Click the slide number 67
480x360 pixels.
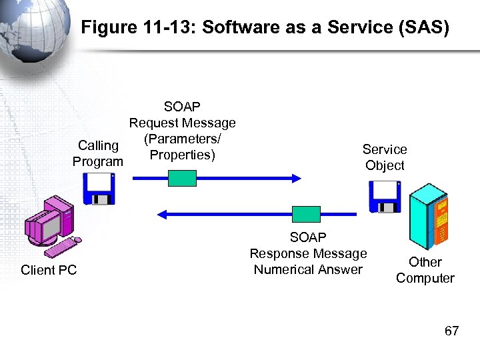(x=451, y=331)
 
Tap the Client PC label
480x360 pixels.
(x=49, y=270)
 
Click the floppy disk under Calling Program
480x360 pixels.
(x=99, y=189)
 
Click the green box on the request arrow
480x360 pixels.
(x=182, y=178)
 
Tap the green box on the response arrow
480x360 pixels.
(x=307, y=214)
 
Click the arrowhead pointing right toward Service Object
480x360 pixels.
(x=295, y=178)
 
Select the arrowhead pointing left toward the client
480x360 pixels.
(x=162, y=214)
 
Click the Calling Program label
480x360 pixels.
(x=98, y=153)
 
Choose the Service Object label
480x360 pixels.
(x=385, y=157)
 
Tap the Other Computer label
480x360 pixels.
(x=425, y=270)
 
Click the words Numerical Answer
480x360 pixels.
(x=308, y=270)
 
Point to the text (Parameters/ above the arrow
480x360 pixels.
(x=182, y=139)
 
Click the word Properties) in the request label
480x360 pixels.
(x=182, y=155)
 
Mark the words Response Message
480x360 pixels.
(x=308, y=254)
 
